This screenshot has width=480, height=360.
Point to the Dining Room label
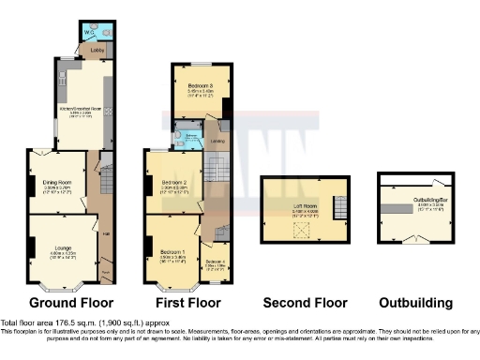(x=59, y=171)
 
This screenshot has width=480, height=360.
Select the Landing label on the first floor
(x=217, y=142)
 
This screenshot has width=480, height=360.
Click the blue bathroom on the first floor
(x=190, y=138)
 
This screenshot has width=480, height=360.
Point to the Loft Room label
(x=306, y=209)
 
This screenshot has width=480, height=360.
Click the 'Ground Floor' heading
(x=71, y=303)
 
